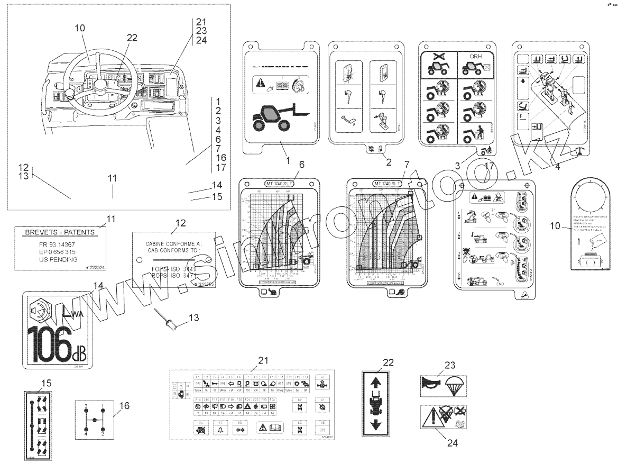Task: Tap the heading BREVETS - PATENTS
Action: tap(60, 232)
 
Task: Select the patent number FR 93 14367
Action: tap(60, 244)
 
